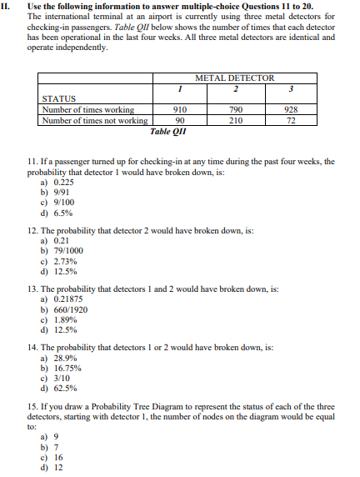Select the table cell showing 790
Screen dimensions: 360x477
[236, 108]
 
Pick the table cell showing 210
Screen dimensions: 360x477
[236, 119]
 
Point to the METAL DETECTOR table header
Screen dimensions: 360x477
[234, 78]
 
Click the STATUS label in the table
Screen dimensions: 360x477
[59, 98]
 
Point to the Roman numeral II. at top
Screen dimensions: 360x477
[9, 6]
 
